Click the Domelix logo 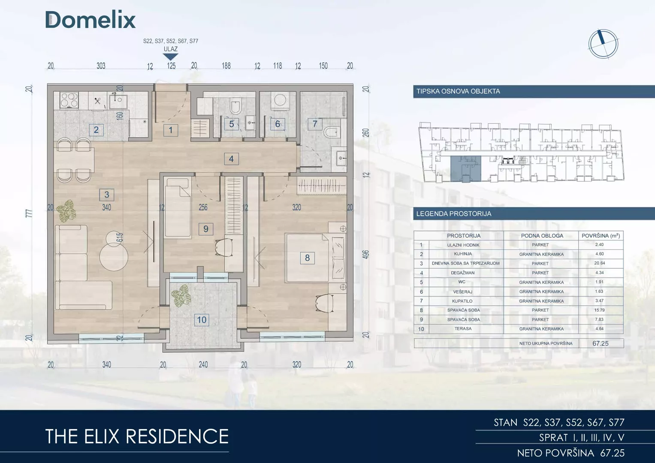pyautogui.click(x=91, y=20)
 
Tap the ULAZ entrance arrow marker pyautogui.click(x=170, y=57)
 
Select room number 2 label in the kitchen pyautogui.click(x=96, y=130)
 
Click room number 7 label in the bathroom pyautogui.click(x=315, y=124)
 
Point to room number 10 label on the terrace pyautogui.click(x=202, y=320)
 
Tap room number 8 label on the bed pyautogui.click(x=307, y=258)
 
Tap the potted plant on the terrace pyautogui.click(x=181, y=296)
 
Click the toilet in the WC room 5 pyautogui.click(x=235, y=107)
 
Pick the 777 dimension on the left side pyautogui.click(x=29, y=213)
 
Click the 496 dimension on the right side pyautogui.click(x=366, y=254)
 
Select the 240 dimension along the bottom pyautogui.click(x=203, y=364)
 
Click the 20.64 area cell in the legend pyautogui.click(x=599, y=263)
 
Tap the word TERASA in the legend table pyautogui.click(x=463, y=328)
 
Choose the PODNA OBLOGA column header pyautogui.click(x=542, y=236)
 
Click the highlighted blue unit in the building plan pyautogui.click(x=465, y=169)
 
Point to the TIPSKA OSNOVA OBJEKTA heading pyautogui.click(x=458, y=91)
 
